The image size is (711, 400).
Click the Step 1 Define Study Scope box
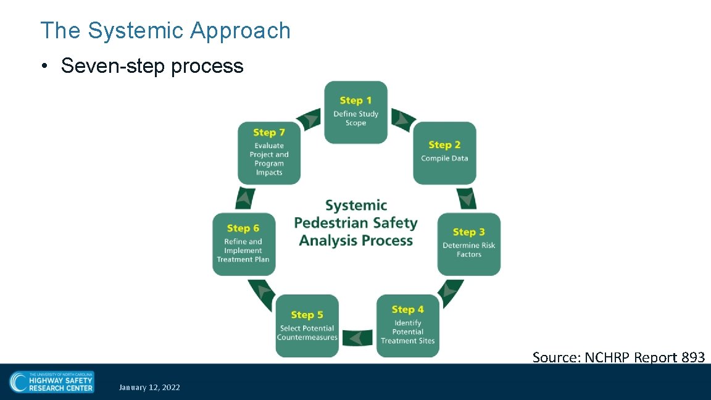[356, 112]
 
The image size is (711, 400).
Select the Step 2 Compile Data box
[444, 153]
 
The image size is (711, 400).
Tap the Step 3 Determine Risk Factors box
[469, 244]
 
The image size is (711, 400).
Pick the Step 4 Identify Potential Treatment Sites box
[407, 326]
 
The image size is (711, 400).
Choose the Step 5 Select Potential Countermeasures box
[307, 326]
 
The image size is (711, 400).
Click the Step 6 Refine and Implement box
[243, 244]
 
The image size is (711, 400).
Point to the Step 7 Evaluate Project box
[268, 153]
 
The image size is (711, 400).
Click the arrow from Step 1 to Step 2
[403, 118]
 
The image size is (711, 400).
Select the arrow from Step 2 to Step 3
[467, 198]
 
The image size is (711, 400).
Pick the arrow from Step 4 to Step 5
[357, 338]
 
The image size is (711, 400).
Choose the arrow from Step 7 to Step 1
[309, 118]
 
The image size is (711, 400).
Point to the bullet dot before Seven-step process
[46, 67]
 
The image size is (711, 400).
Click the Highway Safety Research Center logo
[51, 381]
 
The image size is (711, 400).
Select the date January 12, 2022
[150, 388]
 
